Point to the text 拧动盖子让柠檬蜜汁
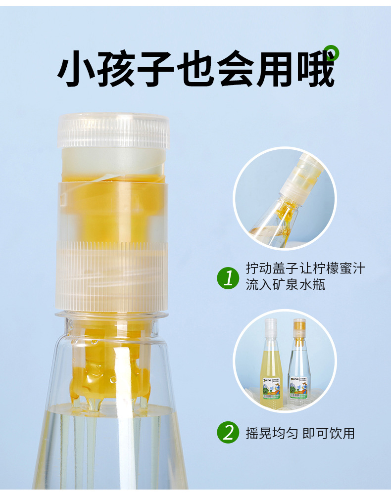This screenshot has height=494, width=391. (305, 269)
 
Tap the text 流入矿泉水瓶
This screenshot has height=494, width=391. (286, 285)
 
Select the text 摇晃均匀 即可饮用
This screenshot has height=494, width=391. (300, 434)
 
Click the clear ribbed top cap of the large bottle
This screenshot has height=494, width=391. (114, 131)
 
